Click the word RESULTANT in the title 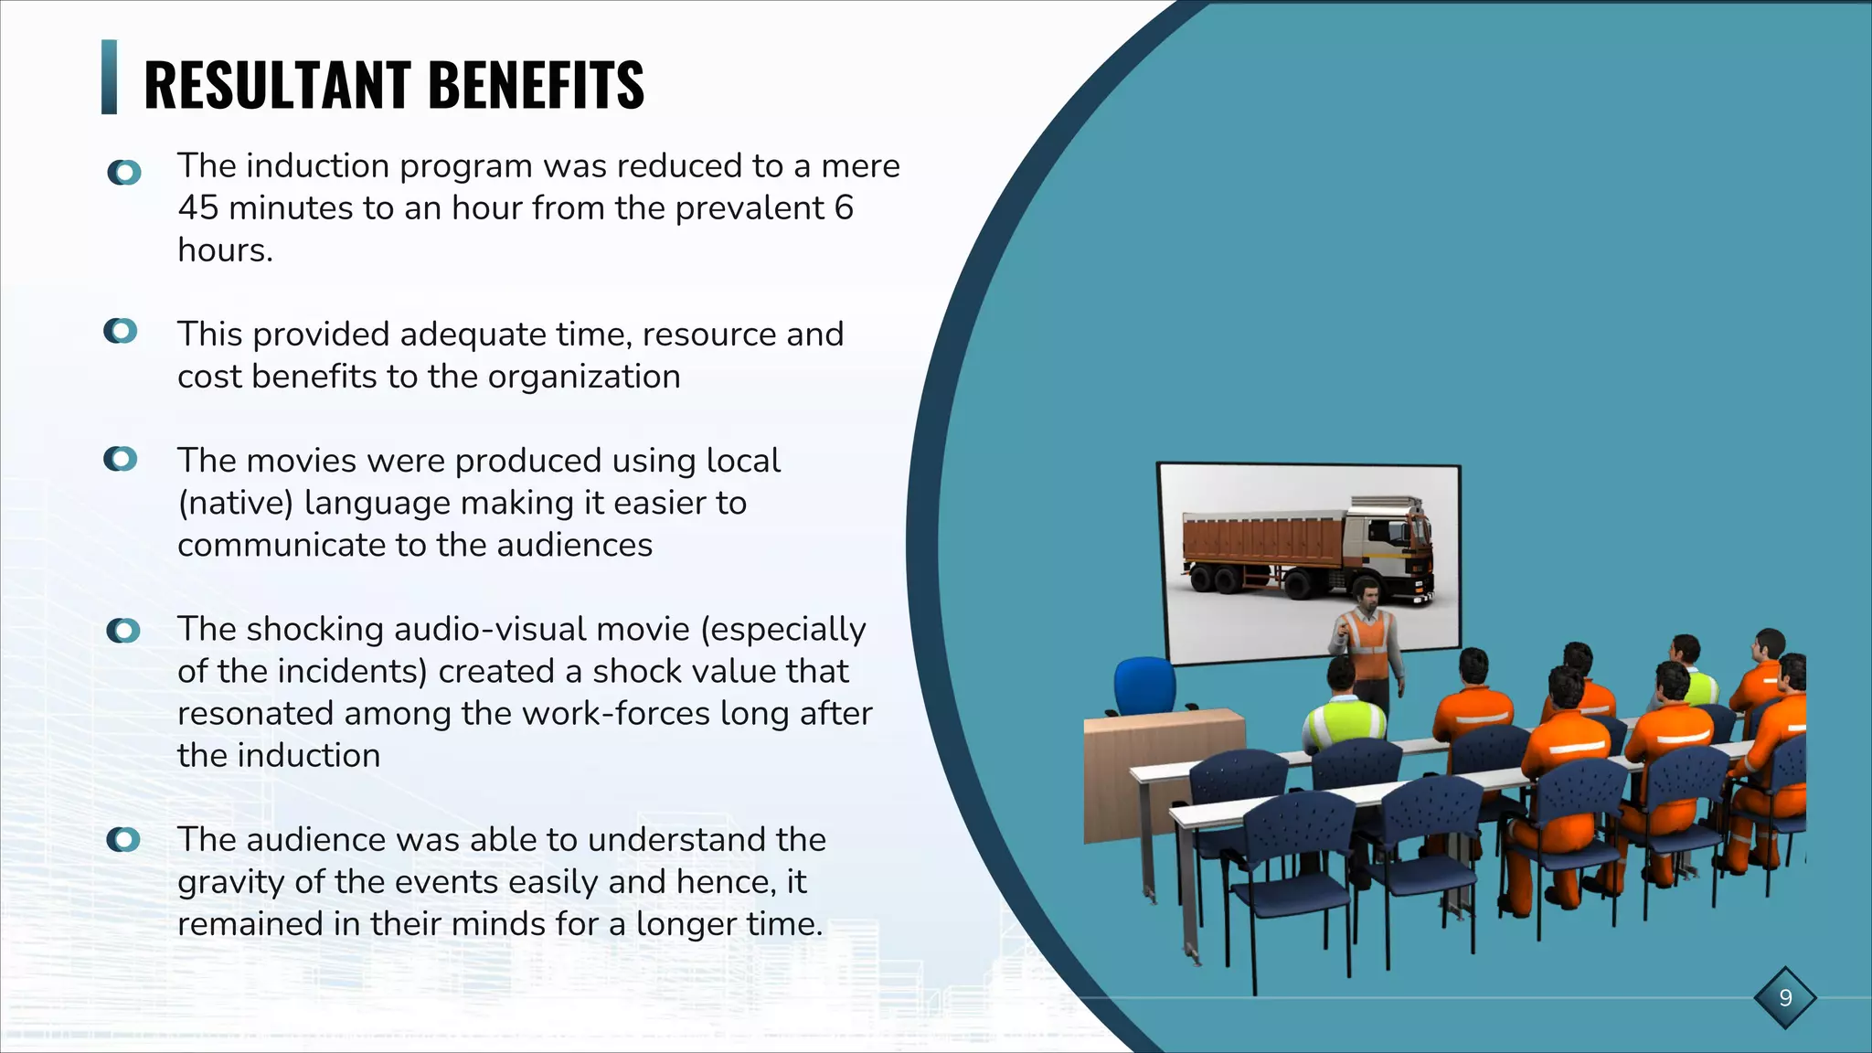tap(277, 85)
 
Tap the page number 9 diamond tap(1785, 997)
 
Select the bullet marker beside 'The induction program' tap(124, 172)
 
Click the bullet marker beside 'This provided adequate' tap(121, 331)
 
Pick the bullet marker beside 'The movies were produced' tap(121, 459)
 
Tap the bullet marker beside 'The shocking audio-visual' tap(123, 631)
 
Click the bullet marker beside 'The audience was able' tap(123, 839)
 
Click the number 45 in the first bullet tap(197, 208)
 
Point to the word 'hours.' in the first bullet tap(225, 250)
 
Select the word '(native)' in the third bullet tap(236, 504)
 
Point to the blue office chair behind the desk tap(1144, 686)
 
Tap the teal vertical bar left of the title tap(109, 77)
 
